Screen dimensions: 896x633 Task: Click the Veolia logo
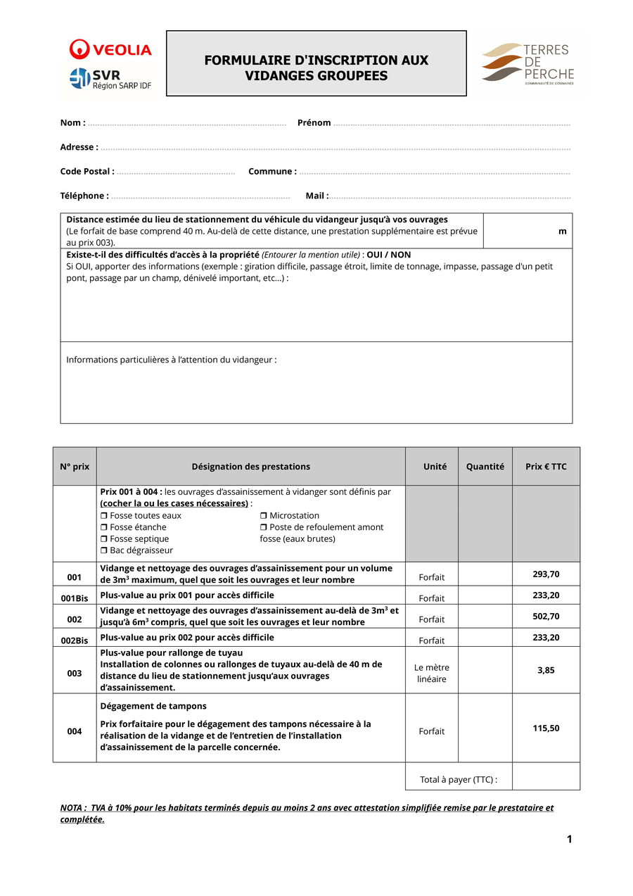pyautogui.click(x=110, y=49)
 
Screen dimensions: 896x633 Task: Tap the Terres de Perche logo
pyautogui.click(x=528, y=63)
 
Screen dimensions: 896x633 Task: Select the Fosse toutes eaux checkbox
pyautogui.click(x=104, y=516)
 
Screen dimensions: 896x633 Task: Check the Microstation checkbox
pyautogui.click(x=264, y=516)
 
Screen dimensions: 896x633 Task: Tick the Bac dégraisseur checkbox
pyautogui.click(x=104, y=550)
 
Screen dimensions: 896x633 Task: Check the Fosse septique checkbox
pyautogui.click(x=104, y=539)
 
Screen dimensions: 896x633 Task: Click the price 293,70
pyautogui.click(x=546, y=574)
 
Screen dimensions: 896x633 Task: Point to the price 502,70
pyautogui.click(x=546, y=617)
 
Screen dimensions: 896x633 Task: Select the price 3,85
pyautogui.click(x=546, y=670)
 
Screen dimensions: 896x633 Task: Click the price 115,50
pyautogui.click(x=546, y=728)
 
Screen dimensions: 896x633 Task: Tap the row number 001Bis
pyautogui.click(x=75, y=598)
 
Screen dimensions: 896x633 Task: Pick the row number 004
pyautogui.click(x=75, y=731)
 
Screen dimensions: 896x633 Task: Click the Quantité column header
pyautogui.click(x=485, y=467)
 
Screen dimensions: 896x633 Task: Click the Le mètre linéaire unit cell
pyautogui.click(x=432, y=674)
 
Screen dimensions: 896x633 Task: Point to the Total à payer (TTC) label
pyautogui.click(x=459, y=779)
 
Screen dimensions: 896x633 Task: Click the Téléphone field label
pyautogui.click(x=84, y=196)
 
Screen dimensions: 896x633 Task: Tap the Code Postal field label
pyautogui.click(x=87, y=172)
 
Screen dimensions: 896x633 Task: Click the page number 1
pyautogui.click(x=570, y=839)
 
